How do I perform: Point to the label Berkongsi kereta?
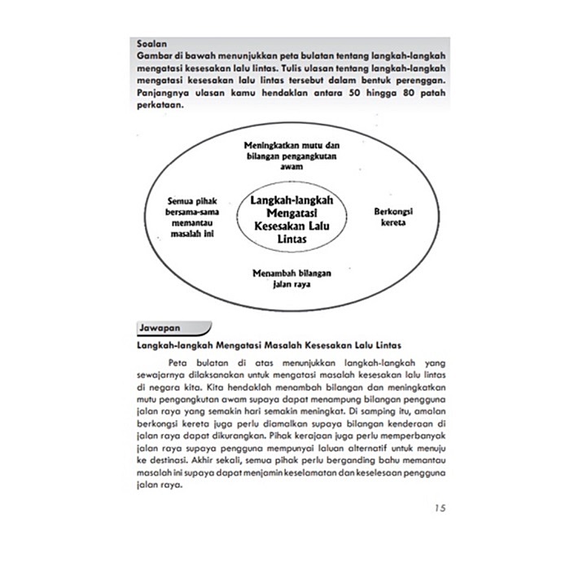(393, 215)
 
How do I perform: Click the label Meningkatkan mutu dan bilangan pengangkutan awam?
(291, 155)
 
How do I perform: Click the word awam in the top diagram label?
(291, 166)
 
